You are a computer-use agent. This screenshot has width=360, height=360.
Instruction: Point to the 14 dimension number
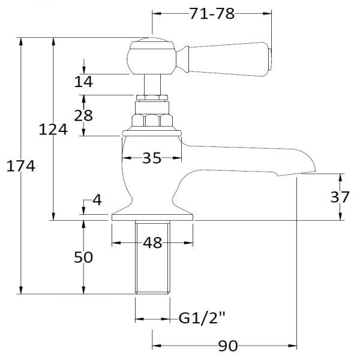[84, 82]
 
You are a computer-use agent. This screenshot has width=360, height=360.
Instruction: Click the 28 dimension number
[84, 115]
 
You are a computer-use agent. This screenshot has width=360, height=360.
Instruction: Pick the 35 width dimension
[152, 158]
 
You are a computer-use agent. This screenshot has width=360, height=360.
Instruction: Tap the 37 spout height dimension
[341, 197]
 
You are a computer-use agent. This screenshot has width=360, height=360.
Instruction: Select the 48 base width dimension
[153, 243]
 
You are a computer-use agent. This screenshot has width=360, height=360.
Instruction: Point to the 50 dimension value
[84, 257]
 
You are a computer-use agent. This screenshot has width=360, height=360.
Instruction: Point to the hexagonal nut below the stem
[152, 119]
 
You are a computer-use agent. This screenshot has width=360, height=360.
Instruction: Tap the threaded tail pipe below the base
[152, 258]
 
